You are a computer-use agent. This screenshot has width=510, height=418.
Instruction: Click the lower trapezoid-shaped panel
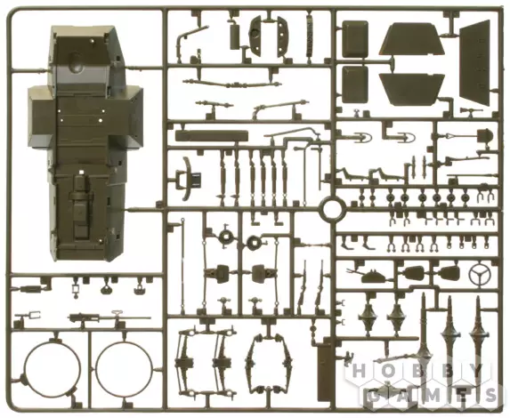411,89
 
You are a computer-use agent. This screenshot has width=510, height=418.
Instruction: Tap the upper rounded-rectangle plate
355,39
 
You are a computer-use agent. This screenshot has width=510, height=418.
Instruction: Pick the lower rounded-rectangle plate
354,84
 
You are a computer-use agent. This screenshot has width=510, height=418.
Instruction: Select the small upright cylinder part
234,36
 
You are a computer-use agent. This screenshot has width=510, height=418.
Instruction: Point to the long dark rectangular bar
212,135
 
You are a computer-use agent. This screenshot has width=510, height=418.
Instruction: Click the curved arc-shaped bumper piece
187,178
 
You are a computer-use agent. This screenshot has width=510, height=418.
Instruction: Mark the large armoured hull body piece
85,143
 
